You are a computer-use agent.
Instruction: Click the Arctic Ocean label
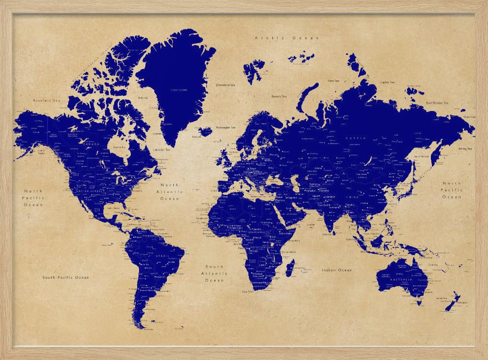[x=286, y=38]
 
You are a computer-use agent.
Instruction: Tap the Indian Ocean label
[x=336, y=270]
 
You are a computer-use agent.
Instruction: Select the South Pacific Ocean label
[x=65, y=277]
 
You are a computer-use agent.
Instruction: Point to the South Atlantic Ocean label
[x=214, y=274]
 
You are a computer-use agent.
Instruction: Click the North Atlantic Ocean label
[x=169, y=191]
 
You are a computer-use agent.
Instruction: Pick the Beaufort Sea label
[x=46, y=100]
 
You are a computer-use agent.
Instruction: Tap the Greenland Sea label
[x=225, y=85]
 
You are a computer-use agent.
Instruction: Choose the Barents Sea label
[x=279, y=96]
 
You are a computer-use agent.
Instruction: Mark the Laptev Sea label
[x=387, y=82]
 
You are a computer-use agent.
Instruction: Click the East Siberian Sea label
[x=437, y=103]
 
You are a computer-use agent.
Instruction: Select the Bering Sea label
[x=465, y=148]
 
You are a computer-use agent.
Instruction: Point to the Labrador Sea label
[x=162, y=149]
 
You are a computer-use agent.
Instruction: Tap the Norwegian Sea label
[x=225, y=127]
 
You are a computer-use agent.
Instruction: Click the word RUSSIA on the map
[x=355, y=138]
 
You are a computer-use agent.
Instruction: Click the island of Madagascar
[x=289, y=268]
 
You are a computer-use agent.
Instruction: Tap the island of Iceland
[x=205, y=131]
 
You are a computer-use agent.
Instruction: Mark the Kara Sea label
[x=334, y=81]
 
